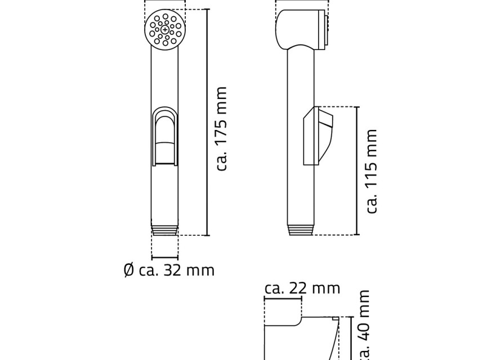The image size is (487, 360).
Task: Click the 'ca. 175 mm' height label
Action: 222,128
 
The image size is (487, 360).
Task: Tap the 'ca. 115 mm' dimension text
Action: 372,172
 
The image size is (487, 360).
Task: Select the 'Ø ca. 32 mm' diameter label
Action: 169,270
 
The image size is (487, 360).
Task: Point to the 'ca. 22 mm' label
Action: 302,289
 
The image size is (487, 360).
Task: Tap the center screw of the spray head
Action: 164,30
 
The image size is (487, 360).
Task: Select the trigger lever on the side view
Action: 318,136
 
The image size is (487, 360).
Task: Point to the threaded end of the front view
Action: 165,230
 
